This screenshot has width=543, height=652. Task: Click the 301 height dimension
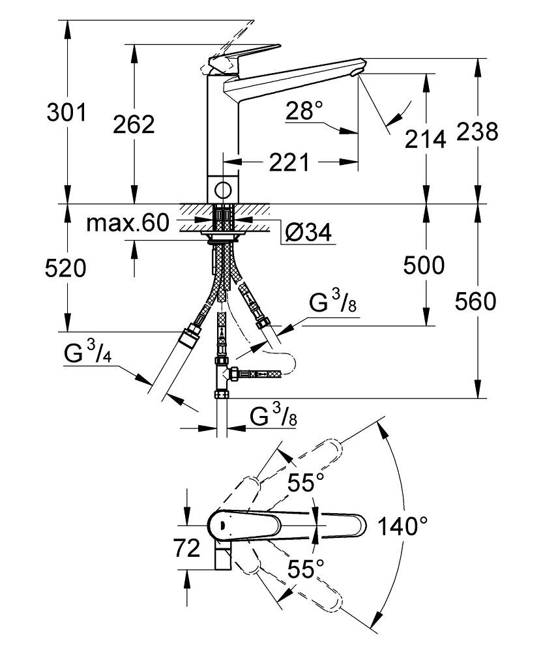(66, 113)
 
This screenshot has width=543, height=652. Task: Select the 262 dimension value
(133, 124)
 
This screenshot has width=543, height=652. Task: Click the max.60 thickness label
(128, 224)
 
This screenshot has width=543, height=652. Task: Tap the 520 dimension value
(66, 268)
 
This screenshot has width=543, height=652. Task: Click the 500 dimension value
(424, 265)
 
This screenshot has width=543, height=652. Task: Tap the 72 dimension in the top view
(187, 549)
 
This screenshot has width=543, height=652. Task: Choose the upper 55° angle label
(306, 483)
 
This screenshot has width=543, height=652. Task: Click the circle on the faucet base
(222, 190)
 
